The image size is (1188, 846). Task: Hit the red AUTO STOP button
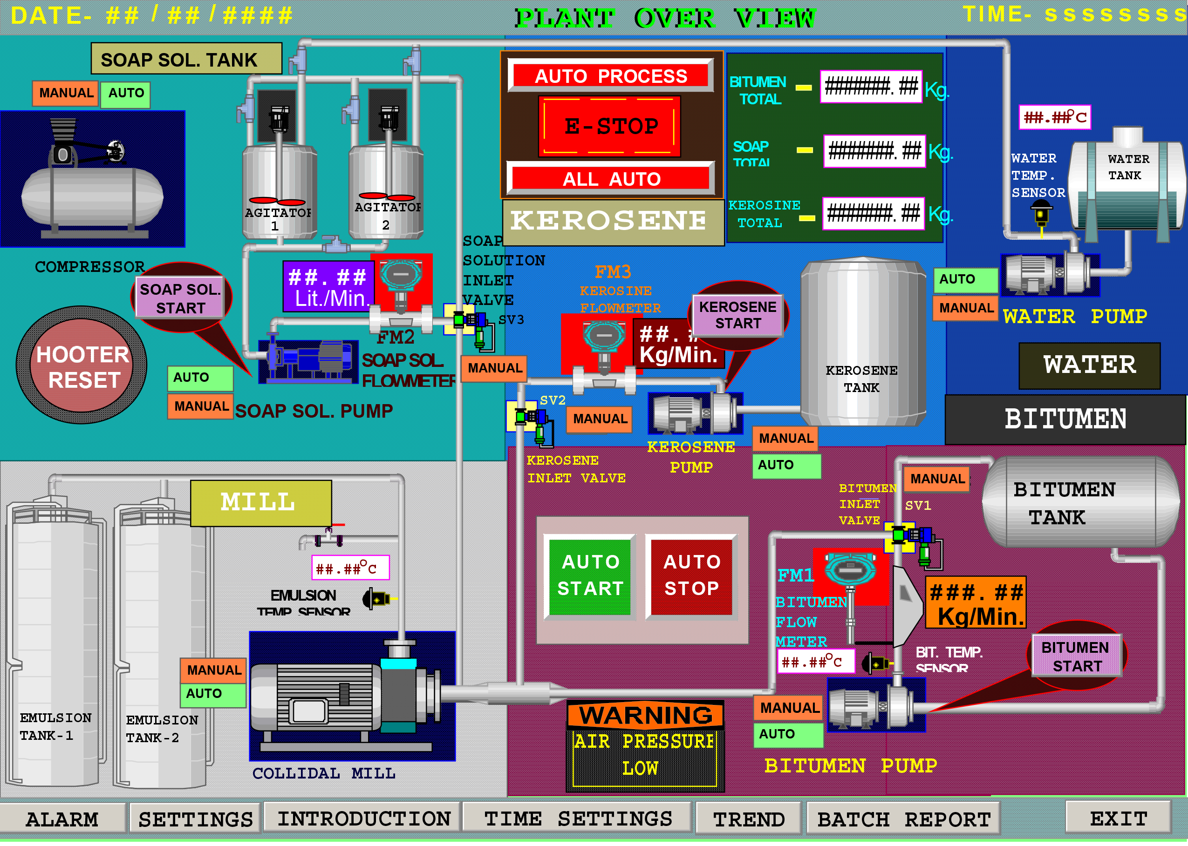point(691,575)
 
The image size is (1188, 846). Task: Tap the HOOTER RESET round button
point(82,367)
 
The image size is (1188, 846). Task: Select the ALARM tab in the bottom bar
point(61,819)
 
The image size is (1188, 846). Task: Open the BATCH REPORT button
point(903,819)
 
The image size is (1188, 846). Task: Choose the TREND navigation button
point(748,819)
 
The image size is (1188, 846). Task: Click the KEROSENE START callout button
point(737,315)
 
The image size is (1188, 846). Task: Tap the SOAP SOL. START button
point(180,298)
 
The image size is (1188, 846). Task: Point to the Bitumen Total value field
point(871,87)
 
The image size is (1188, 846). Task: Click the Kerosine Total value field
point(873,213)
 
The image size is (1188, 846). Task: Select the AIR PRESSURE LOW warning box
point(645,754)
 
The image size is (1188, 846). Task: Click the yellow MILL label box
point(260,502)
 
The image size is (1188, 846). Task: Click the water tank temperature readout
point(1054,117)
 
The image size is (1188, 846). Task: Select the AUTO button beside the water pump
point(964,280)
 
